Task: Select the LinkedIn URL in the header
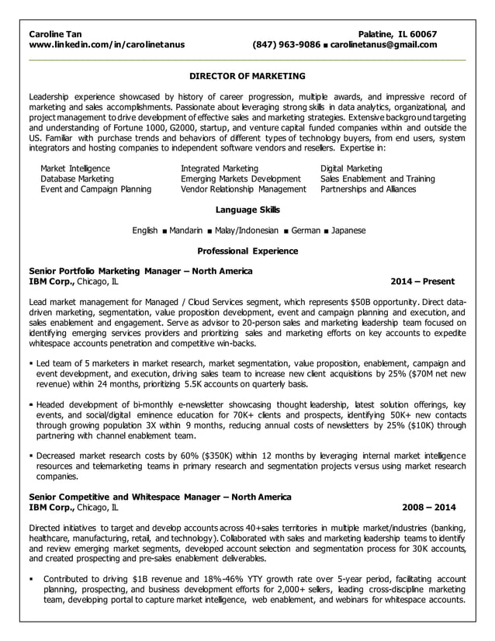click(106, 45)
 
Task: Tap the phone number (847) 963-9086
click(286, 45)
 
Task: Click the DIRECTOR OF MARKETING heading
click(247, 76)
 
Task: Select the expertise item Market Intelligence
click(75, 168)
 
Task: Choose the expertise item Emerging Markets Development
click(240, 178)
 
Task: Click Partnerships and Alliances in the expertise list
click(368, 189)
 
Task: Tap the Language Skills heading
click(247, 210)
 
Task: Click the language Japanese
click(348, 230)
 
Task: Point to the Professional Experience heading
click(247, 251)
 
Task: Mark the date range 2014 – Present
click(422, 282)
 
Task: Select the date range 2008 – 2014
click(428, 507)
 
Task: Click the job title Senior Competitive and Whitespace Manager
click(159, 497)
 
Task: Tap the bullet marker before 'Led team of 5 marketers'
click(31, 363)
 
